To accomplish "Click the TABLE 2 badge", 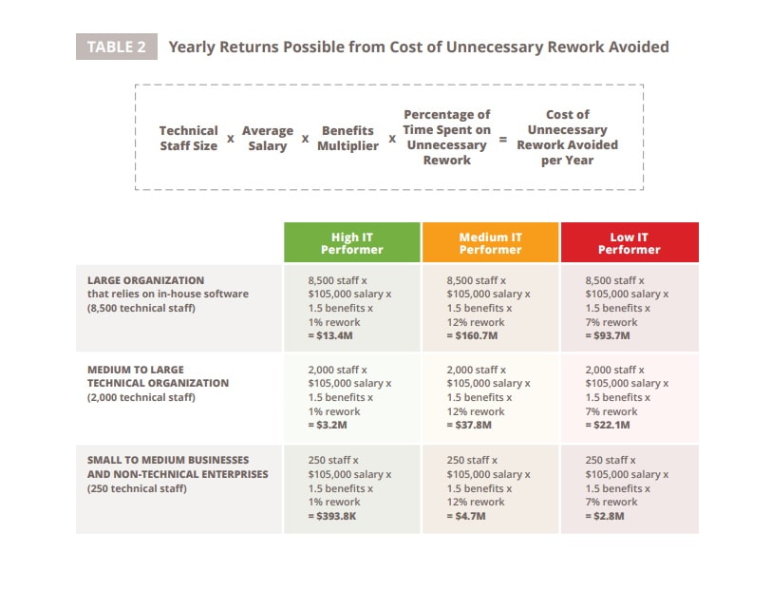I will [116, 47].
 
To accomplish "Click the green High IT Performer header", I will [351, 243].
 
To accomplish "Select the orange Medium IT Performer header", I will [490, 243].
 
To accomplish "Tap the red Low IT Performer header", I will [629, 243].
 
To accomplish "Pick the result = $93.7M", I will [610, 336].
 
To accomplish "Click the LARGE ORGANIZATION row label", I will [145, 280].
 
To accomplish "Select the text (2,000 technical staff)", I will [141, 397].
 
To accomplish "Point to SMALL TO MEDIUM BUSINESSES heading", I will [168, 460].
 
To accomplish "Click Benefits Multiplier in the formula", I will [348, 138].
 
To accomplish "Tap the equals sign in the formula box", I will [503, 139].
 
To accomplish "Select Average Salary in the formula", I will [268, 138].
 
